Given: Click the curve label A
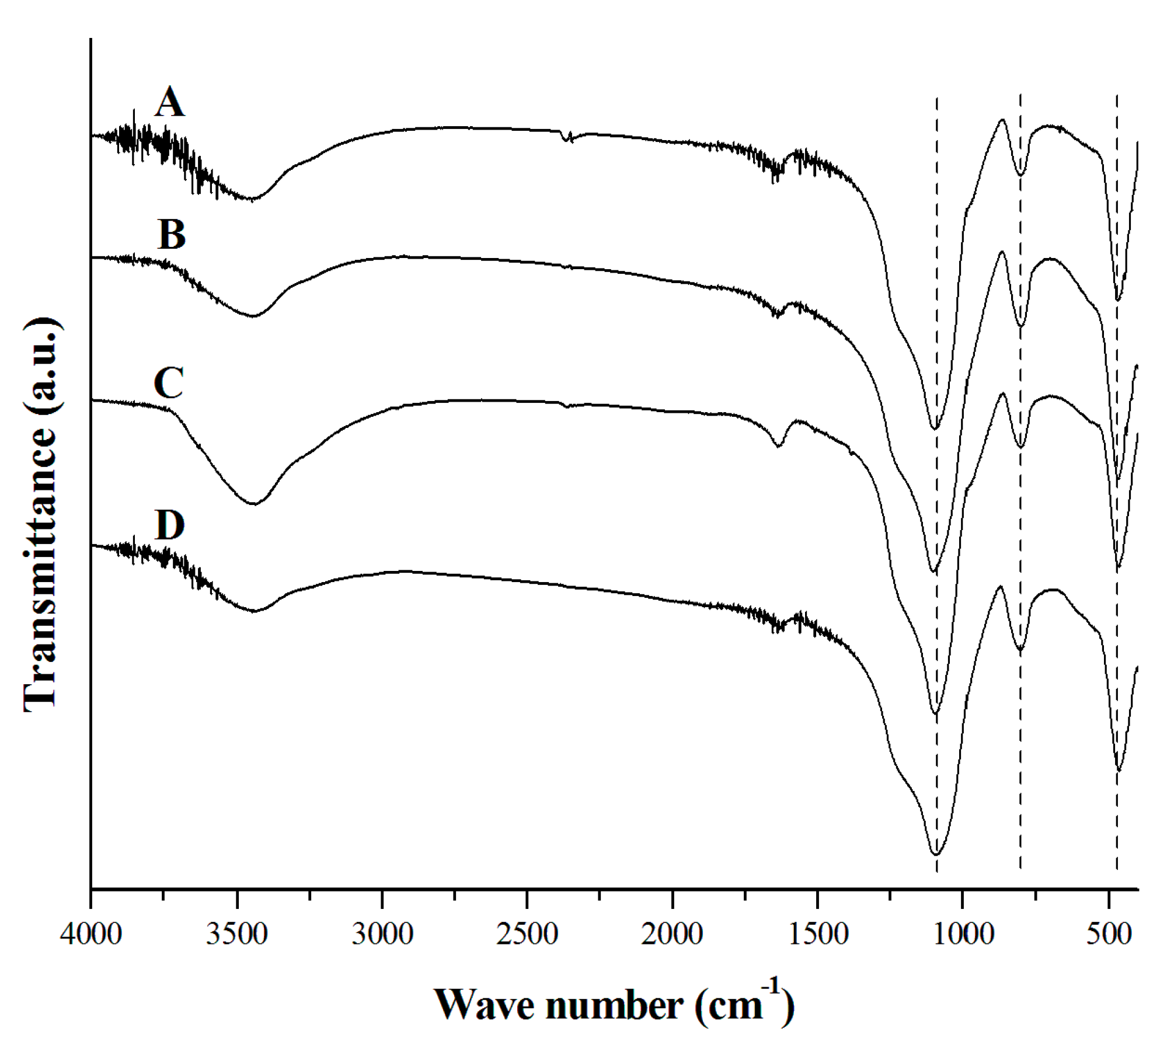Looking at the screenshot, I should coord(170,103).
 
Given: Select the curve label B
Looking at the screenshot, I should coord(171,235).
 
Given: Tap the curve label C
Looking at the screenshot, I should coord(169,383).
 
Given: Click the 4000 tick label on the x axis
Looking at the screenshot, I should coord(91,934).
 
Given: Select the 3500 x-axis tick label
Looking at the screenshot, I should coord(237,934).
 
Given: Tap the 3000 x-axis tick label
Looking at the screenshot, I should coord(382,934).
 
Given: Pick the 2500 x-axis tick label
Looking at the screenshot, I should coord(527,934).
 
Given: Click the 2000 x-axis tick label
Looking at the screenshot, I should coord(672,934).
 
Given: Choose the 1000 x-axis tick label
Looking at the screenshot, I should coord(963,934).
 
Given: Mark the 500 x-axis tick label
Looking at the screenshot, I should coord(1108,934).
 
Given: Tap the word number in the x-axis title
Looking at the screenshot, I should coord(614,1005).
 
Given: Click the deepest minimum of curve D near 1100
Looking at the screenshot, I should coord(936,854).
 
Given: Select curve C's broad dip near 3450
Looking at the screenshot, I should coord(254,503).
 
